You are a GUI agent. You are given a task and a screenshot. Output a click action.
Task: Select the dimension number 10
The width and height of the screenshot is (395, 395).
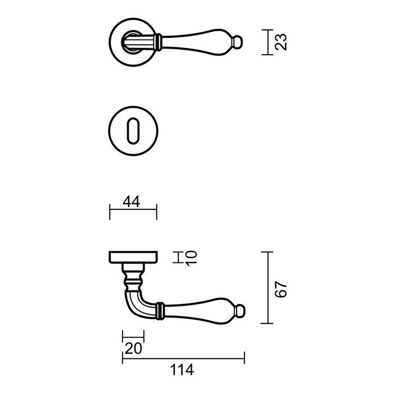(x=190, y=258)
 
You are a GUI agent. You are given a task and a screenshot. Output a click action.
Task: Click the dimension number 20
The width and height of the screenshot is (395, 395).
(x=133, y=349)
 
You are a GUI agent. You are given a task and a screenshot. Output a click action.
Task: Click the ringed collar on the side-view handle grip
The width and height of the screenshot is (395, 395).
(x=160, y=309)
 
